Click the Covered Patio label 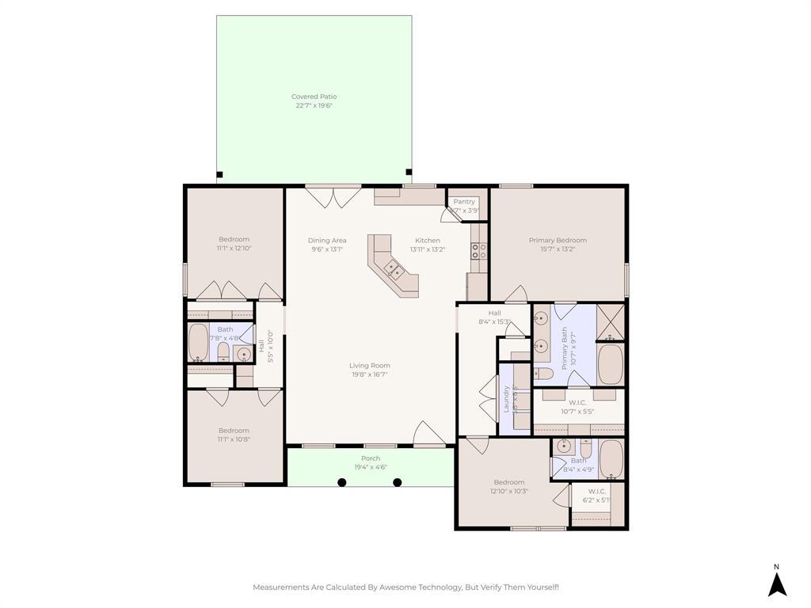point(314,97)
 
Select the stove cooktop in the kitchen point(479,251)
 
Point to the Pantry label point(464,202)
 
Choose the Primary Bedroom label point(558,241)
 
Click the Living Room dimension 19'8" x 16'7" point(371,374)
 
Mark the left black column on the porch point(341,482)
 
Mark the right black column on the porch point(398,482)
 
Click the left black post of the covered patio point(220,174)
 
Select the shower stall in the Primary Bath point(610,321)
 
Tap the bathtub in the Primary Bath point(610,364)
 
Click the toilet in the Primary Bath point(543,374)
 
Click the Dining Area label point(327,241)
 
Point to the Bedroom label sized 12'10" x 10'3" point(509,482)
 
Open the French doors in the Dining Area point(333,197)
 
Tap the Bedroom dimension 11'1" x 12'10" point(234,249)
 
